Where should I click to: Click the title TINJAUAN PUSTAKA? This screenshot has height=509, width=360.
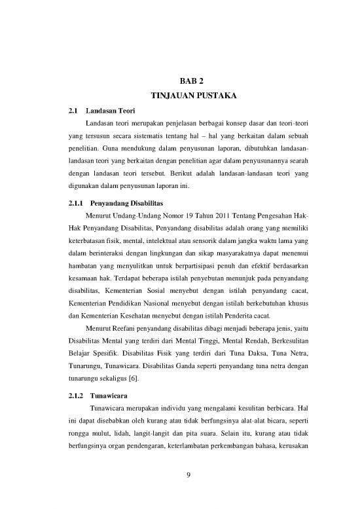coord(189,97)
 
